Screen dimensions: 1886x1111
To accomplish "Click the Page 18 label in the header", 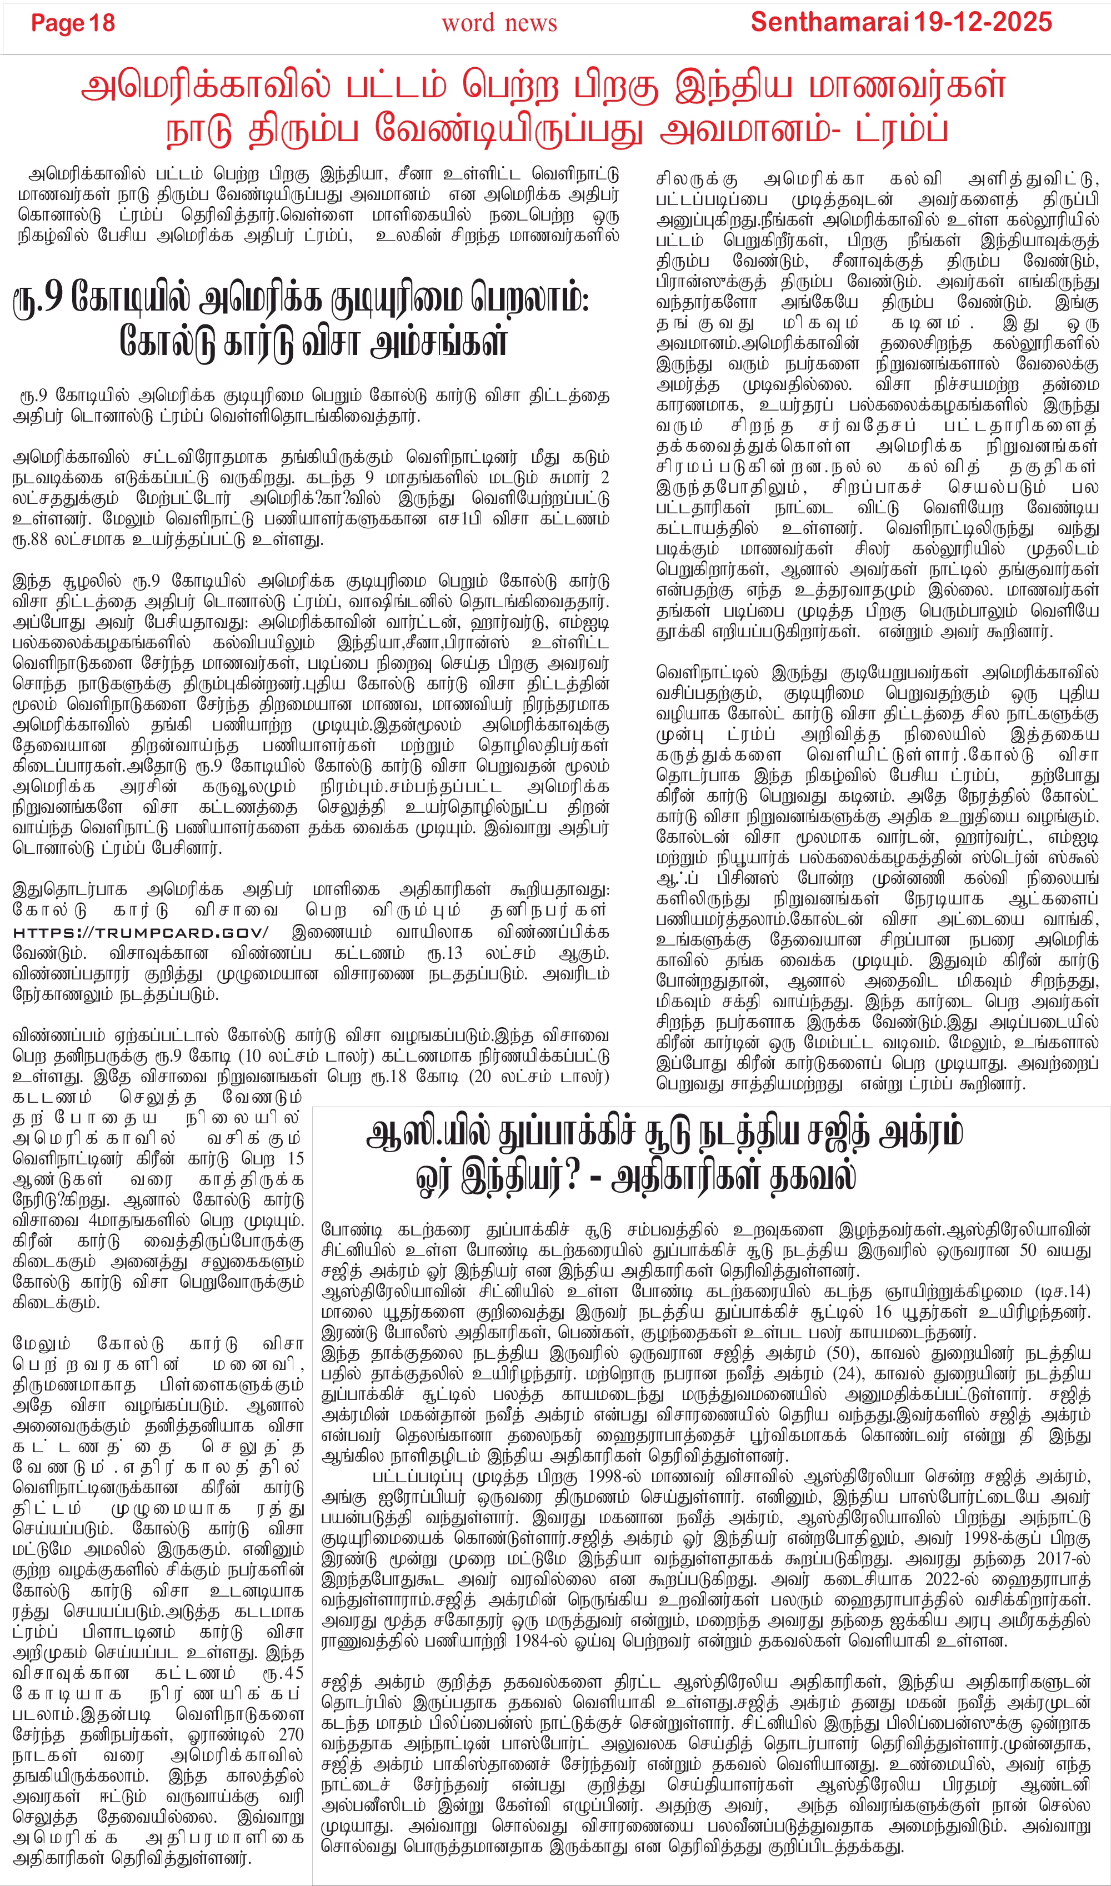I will coord(73,23).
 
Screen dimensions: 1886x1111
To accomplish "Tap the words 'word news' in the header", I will coord(499,23).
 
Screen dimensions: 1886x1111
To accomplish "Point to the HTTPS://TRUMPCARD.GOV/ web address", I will coord(141,933).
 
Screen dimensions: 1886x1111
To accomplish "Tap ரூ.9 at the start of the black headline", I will coord(37,299).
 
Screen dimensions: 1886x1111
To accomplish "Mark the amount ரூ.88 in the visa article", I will coord(30,539).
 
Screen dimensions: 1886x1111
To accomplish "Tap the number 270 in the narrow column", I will coord(291,1735).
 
